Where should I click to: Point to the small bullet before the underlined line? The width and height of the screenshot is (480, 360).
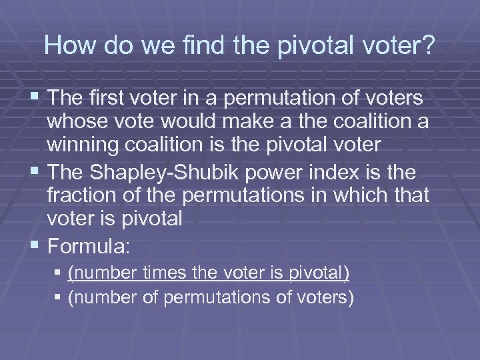coord(61,273)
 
